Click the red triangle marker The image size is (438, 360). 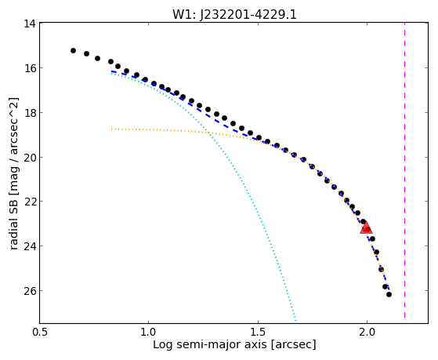pyautogui.click(x=366, y=227)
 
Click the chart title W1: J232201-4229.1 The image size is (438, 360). pyautogui.click(x=234, y=14)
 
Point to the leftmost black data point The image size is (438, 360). pyautogui.click(x=73, y=51)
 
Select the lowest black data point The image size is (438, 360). pyautogui.click(x=389, y=295)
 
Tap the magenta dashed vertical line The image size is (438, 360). pyautogui.click(x=405, y=170)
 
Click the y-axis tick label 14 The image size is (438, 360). pyautogui.click(x=30, y=24)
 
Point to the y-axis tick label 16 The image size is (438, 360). pyautogui.click(x=30, y=68)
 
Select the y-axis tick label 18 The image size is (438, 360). pyautogui.click(x=30, y=113)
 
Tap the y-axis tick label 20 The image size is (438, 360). pyautogui.click(x=30, y=157)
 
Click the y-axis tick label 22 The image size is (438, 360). pyautogui.click(x=30, y=202)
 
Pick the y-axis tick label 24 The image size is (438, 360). pyautogui.click(x=30, y=246)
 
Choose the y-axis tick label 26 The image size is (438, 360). pyautogui.click(x=30, y=291)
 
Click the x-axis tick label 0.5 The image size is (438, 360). pyautogui.click(x=40, y=332)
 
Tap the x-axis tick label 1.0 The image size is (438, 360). pyautogui.click(x=148, y=332)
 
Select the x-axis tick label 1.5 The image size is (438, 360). pyautogui.click(x=258, y=332)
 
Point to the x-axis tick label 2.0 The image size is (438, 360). pyautogui.click(x=367, y=332)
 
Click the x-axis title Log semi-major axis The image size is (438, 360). pyautogui.click(x=210, y=344)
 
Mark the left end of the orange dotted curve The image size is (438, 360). pyautogui.click(x=111, y=129)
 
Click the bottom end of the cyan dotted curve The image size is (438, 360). pyautogui.click(x=295, y=320)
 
